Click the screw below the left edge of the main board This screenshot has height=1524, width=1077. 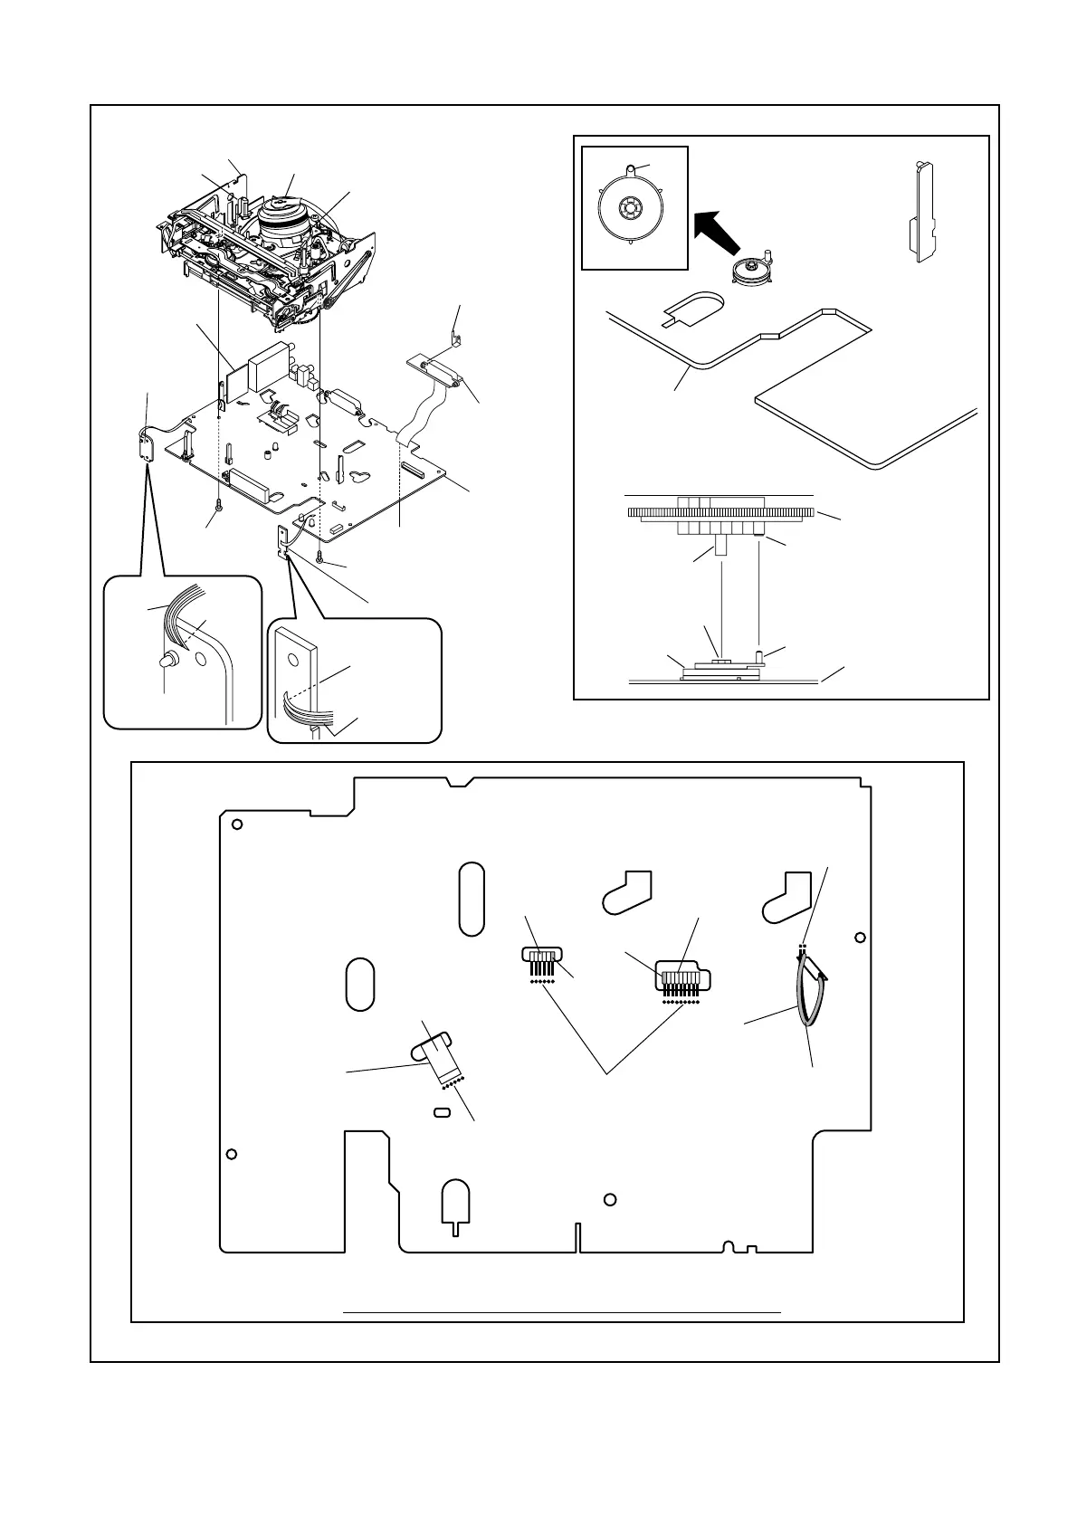tap(219, 505)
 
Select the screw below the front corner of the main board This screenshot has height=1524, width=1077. tap(320, 557)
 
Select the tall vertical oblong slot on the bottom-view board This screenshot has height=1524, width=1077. tap(472, 899)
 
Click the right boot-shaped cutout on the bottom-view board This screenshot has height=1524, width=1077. tap(787, 896)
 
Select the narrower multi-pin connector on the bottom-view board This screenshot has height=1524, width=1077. tap(541, 957)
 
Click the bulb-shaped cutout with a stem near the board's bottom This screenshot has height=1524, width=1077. tap(455, 1205)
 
